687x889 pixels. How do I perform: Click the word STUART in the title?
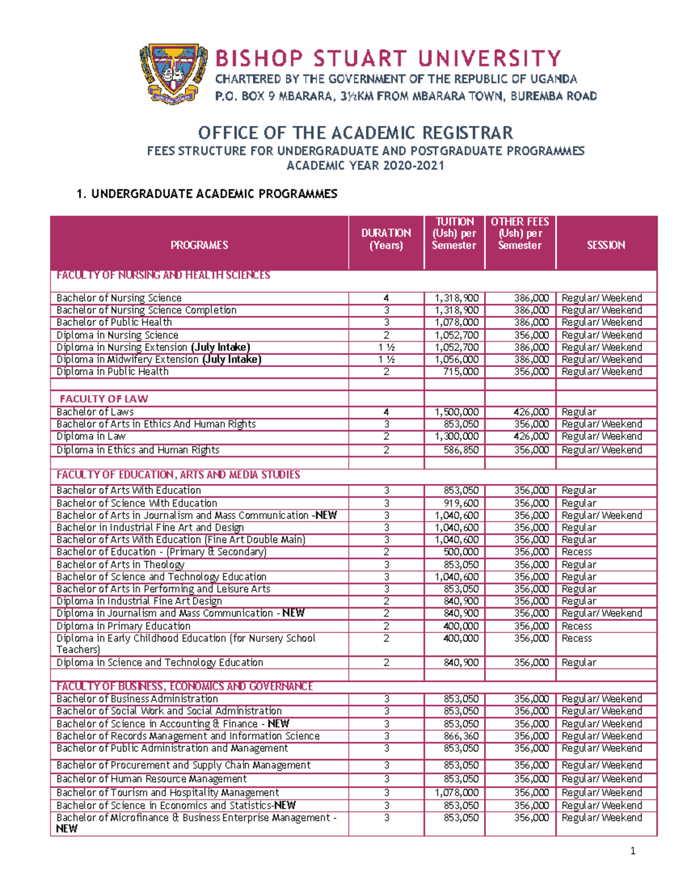[x=360, y=58]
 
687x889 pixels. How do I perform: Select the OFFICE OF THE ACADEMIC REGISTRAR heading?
[x=355, y=133]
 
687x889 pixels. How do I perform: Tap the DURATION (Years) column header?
[x=386, y=239]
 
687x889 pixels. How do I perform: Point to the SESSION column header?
[x=606, y=245]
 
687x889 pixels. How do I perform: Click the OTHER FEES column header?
[x=519, y=234]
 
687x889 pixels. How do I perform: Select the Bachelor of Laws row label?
[x=95, y=412]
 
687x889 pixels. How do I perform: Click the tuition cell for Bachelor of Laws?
[x=456, y=412]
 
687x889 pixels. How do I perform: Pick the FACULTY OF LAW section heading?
[x=104, y=398]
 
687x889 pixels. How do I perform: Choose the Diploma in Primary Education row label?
[x=123, y=626]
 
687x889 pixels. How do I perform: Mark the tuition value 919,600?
[x=461, y=503]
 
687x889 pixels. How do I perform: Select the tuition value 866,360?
[x=461, y=736]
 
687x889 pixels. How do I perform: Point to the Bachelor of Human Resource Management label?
[x=151, y=779]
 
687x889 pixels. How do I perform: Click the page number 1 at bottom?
[x=633, y=851]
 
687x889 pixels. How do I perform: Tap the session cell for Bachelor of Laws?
[x=579, y=412]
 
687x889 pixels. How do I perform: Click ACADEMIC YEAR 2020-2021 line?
[x=365, y=166]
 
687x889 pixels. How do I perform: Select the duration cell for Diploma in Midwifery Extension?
[x=386, y=359]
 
